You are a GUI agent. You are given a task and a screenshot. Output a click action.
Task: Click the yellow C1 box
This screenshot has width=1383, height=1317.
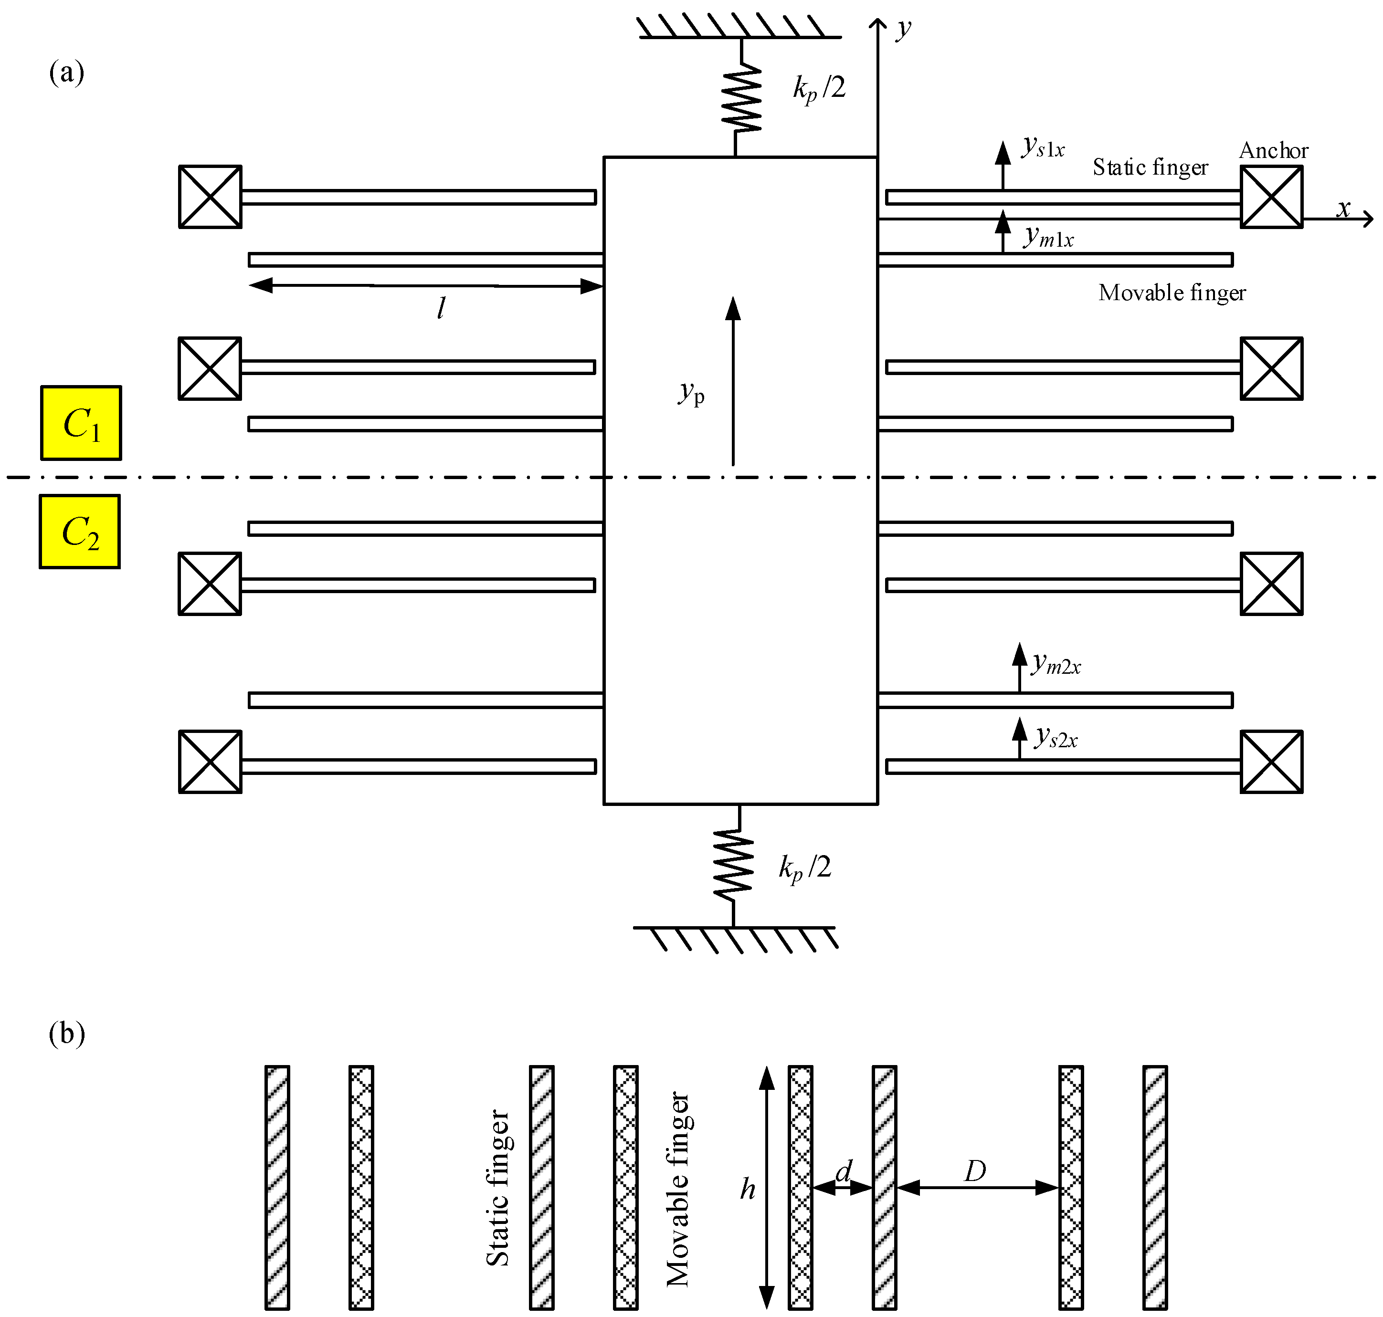click(x=81, y=423)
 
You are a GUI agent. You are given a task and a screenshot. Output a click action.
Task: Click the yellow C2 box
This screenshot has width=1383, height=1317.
click(x=79, y=532)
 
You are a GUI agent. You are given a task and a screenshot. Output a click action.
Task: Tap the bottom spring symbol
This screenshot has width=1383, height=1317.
click(x=733, y=865)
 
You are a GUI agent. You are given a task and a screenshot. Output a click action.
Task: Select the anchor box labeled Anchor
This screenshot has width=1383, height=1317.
click(x=1271, y=197)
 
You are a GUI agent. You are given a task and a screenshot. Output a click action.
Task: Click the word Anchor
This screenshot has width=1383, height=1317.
click(x=1273, y=150)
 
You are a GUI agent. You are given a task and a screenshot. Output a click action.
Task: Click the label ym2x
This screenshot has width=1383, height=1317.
click(x=1056, y=663)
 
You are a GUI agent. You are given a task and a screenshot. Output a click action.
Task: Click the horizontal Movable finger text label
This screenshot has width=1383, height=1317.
click(x=1172, y=293)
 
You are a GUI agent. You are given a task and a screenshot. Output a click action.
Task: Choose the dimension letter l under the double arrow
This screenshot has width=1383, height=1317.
click(x=441, y=307)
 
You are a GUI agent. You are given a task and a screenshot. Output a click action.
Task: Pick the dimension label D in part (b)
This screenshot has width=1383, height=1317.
click(x=975, y=1171)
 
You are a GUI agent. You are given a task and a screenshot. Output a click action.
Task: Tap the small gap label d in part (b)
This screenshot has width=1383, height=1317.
click(x=843, y=1171)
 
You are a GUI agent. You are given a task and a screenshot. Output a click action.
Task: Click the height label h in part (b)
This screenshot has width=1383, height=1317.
click(x=747, y=1189)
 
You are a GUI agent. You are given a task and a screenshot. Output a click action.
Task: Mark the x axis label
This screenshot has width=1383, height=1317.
click(x=1343, y=209)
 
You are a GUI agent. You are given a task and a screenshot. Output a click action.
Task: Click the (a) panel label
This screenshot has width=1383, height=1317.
click(x=67, y=73)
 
